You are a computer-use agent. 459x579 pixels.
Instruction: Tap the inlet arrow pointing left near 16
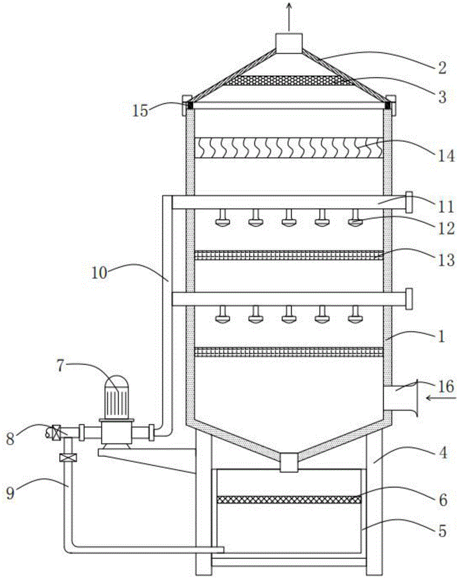pyautogui.click(x=441, y=398)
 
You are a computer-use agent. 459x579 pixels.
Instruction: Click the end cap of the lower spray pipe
pyautogui.click(x=409, y=299)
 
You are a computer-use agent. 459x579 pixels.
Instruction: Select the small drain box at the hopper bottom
pyautogui.click(x=289, y=463)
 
